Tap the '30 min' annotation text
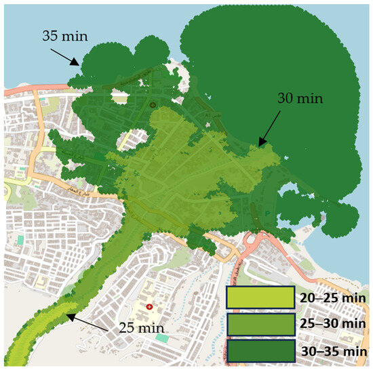coord(300,98)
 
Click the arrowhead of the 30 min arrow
coord(258,145)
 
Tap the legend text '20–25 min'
coord(332,298)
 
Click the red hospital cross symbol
coord(149,308)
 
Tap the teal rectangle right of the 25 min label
coord(161,337)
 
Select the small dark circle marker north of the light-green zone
coord(153,105)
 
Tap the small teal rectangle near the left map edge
coord(21,240)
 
